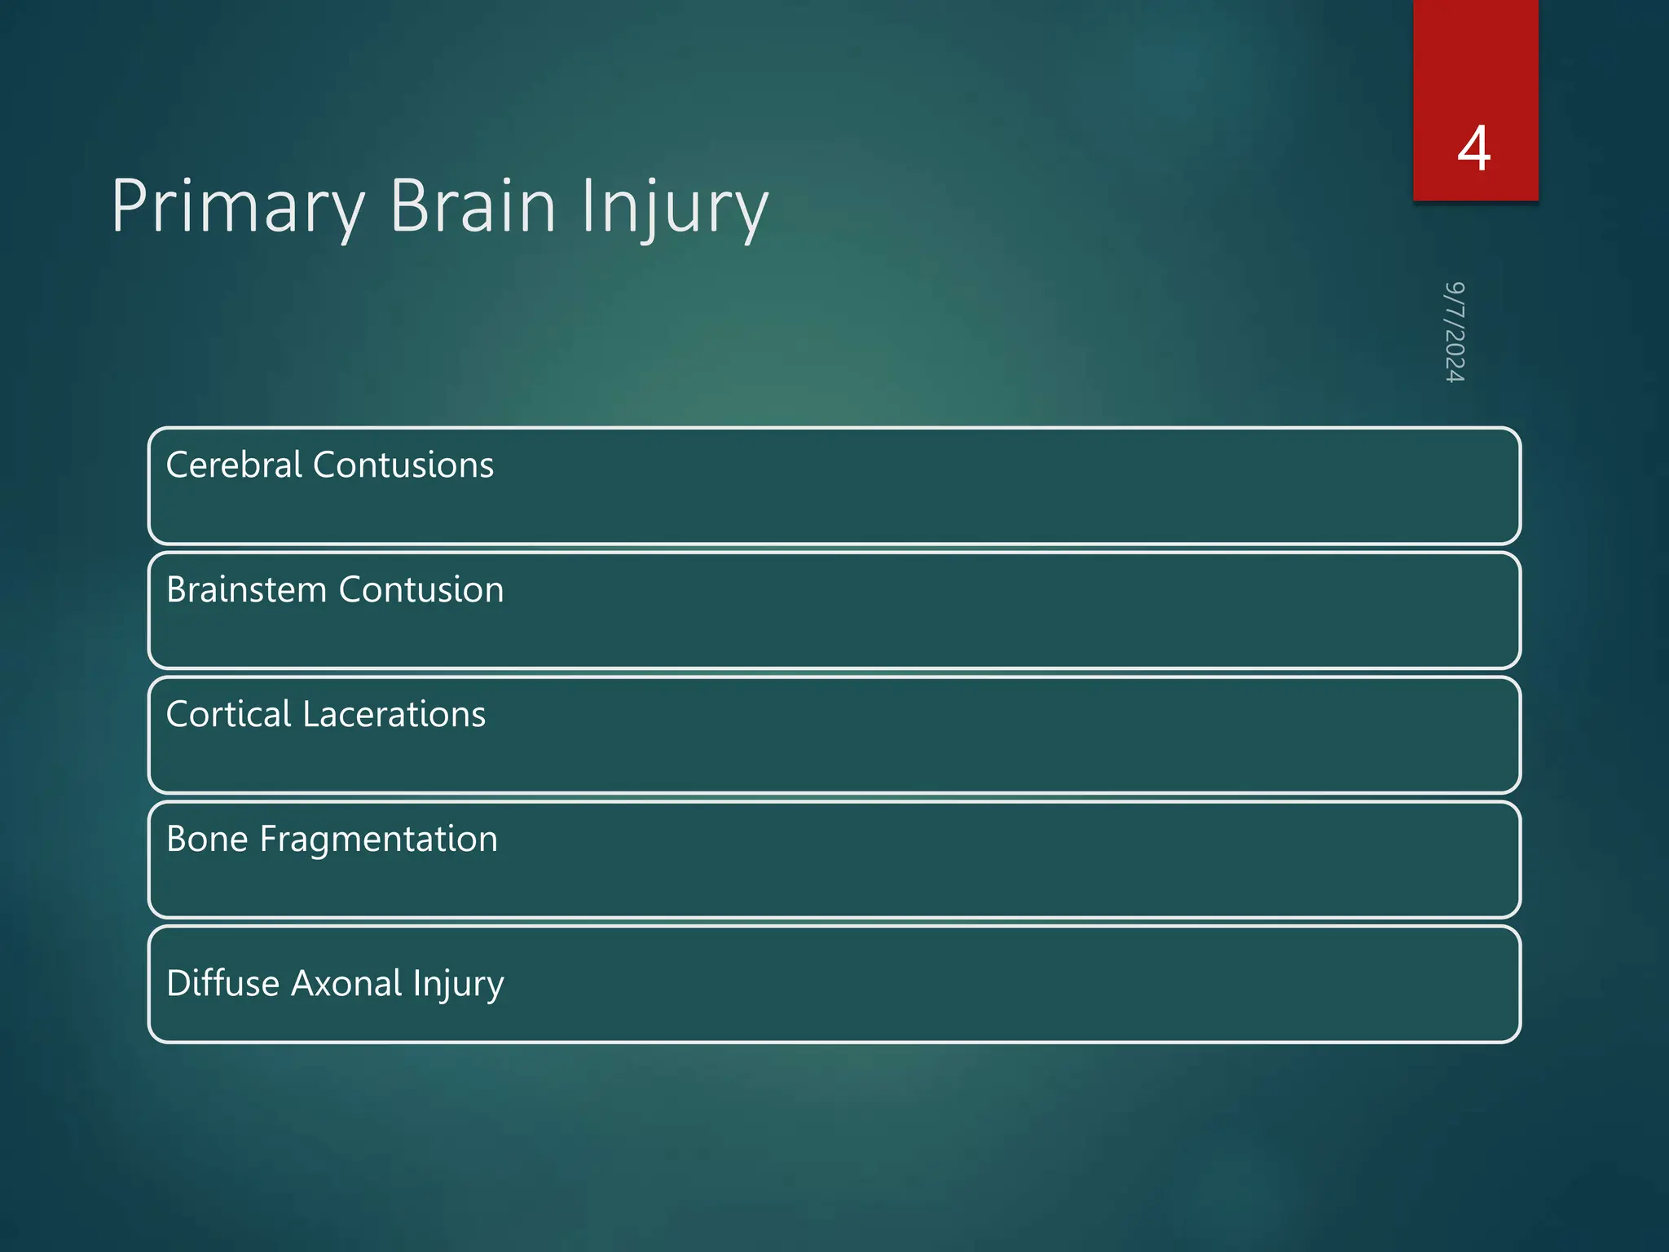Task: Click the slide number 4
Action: (1474, 149)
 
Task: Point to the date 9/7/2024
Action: (1455, 333)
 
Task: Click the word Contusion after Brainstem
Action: (421, 590)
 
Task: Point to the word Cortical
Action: (228, 715)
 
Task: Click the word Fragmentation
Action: (378, 840)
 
